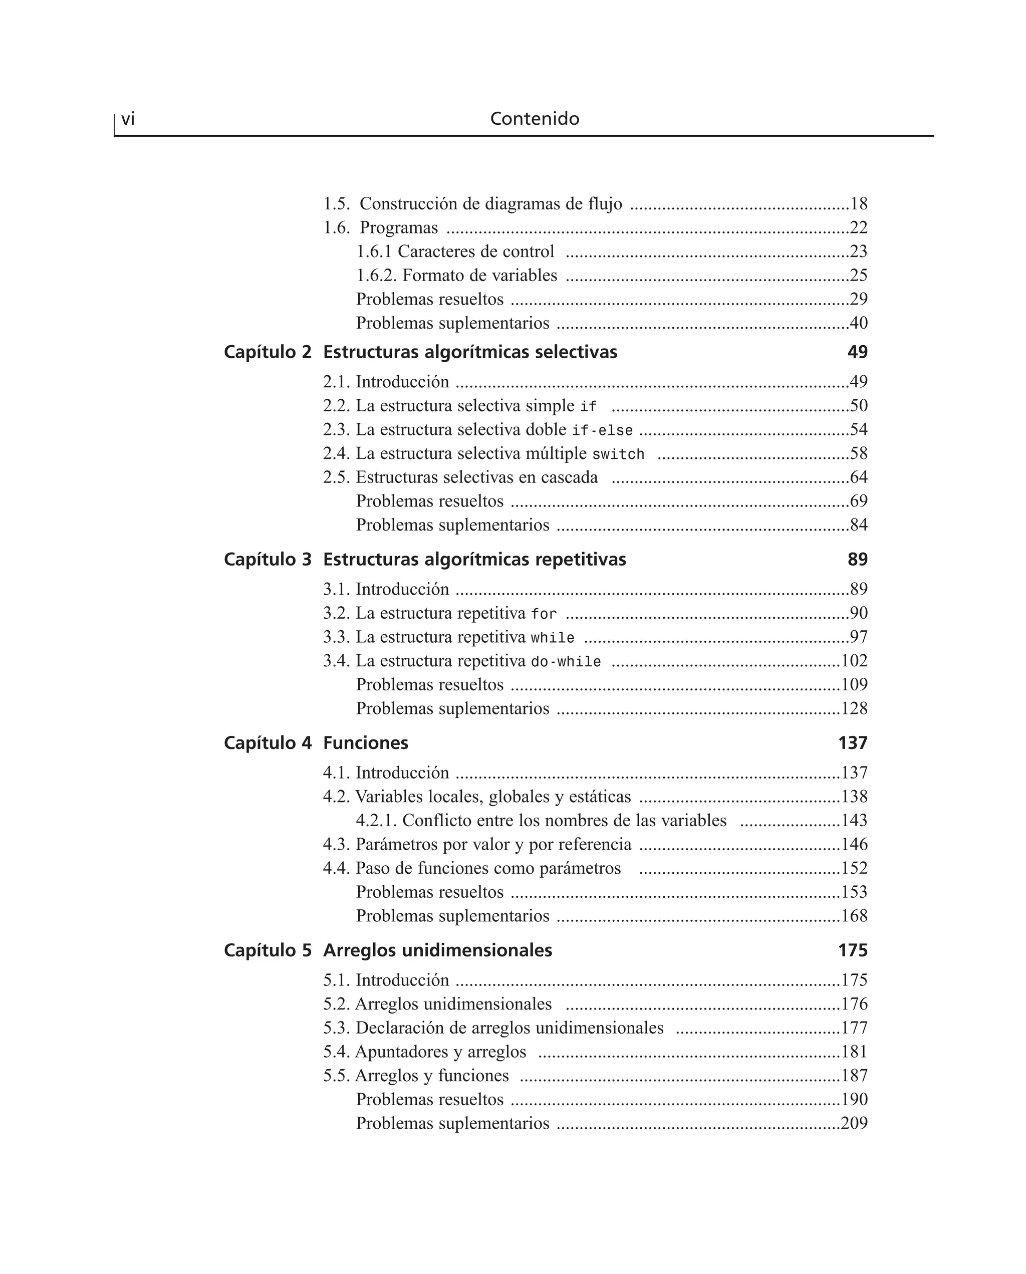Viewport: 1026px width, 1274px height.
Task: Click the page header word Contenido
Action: pos(534,119)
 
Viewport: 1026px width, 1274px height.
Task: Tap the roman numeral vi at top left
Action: pos(128,119)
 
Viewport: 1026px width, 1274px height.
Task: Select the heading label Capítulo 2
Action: pos(267,352)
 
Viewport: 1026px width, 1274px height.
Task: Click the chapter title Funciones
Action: pos(365,743)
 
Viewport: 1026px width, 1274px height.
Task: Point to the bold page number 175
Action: pos(852,950)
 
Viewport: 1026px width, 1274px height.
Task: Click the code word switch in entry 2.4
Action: pos(618,454)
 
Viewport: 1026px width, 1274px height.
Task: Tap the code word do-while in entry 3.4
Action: pos(566,662)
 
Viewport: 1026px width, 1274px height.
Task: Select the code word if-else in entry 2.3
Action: pos(602,431)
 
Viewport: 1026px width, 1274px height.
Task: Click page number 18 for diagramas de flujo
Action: pos(859,204)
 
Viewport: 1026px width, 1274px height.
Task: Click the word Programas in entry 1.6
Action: pos(398,227)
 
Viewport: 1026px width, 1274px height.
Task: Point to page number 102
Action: pos(854,661)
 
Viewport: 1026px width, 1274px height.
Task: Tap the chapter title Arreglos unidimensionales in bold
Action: pos(437,950)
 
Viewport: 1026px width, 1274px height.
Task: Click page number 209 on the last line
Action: pos(854,1123)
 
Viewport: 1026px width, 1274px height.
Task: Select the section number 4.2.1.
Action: pos(376,821)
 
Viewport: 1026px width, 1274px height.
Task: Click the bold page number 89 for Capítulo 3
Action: pos(857,560)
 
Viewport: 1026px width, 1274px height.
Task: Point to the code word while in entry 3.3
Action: pos(553,638)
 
